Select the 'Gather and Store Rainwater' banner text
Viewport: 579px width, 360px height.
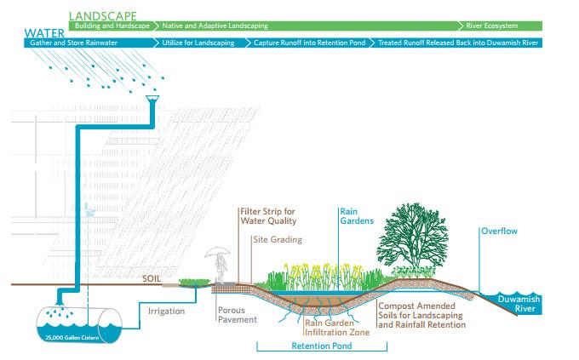click(x=64, y=41)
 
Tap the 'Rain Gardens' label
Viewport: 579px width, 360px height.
click(x=353, y=216)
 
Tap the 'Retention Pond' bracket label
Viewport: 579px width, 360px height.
click(x=321, y=346)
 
